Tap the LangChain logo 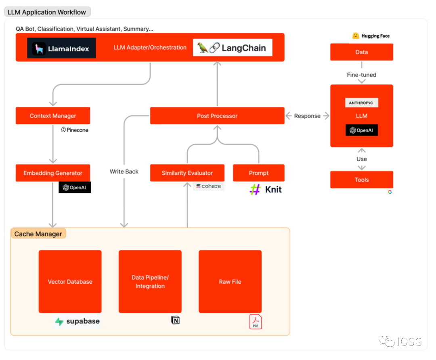pos(233,48)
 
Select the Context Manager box pos(53,116)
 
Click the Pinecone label pos(75,130)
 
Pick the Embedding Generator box pos(53,173)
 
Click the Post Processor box pos(217,116)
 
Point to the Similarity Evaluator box pos(187,173)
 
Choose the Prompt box pos(259,173)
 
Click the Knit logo pos(266,189)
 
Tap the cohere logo pos(209,186)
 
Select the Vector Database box pos(70,282)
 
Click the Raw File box pos(230,282)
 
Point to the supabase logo pos(78,322)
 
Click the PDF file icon pos(256,322)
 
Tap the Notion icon pos(175,320)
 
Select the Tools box pos(362,180)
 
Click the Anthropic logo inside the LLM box pos(362,103)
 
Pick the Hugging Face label pos(371,36)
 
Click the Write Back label pos(124,172)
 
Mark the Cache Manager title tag pos(38,234)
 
